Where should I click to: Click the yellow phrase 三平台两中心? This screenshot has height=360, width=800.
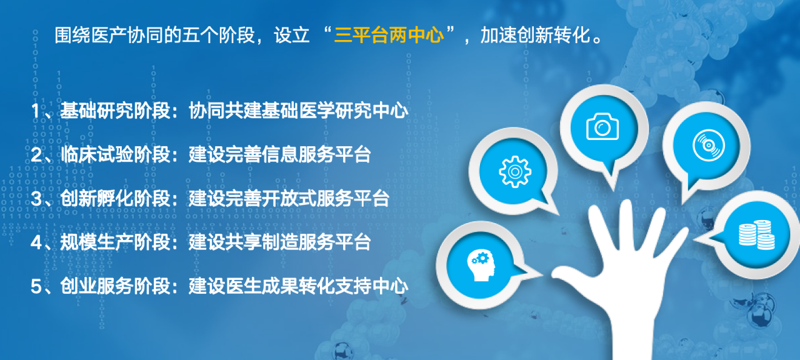(x=389, y=35)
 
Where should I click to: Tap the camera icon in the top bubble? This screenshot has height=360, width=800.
(x=602, y=126)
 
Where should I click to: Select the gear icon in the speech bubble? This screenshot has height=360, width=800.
(x=514, y=172)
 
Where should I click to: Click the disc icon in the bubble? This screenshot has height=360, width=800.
(x=708, y=146)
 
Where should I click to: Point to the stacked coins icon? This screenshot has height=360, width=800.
(x=757, y=234)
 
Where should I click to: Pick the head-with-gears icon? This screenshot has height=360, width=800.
(x=481, y=266)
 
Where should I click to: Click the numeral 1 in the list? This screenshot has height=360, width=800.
(x=36, y=111)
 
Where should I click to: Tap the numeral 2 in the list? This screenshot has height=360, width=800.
(x=36, y=154)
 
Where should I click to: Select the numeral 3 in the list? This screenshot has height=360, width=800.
(x=36, y=199)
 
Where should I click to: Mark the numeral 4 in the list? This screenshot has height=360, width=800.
(x=37, y=242)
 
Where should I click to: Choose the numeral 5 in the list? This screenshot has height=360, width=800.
(x=36, y=286)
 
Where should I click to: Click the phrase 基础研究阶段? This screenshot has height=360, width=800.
(x=115, y=111)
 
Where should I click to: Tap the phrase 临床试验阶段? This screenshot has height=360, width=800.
(x=115, y=154)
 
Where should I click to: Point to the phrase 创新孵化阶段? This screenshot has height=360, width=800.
(x=115, y=198)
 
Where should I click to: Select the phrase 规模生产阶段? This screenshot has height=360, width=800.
(x=115, y=242)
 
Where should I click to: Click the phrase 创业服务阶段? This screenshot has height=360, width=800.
(x=115, y=286)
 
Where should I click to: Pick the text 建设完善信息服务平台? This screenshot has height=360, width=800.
(x=280, y=154)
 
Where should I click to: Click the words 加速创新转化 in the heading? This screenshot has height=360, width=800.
(x=535, y=35)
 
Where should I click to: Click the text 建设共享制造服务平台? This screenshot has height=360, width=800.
(x=280, y=242)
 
